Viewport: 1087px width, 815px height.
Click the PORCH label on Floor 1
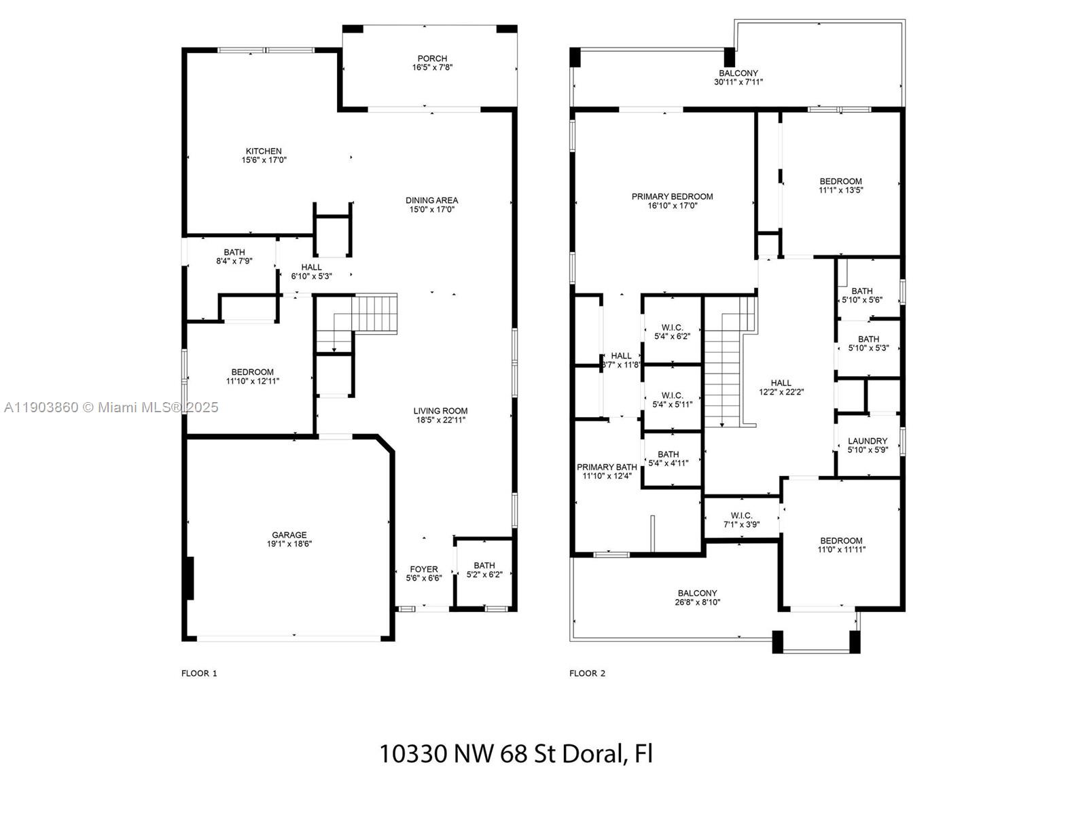click(432, 59)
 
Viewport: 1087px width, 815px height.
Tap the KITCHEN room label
click(264, 151)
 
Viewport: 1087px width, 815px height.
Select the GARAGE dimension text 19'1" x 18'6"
click(289, 543)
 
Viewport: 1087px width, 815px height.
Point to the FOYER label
click(424, 569)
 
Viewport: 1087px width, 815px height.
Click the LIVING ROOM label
click(440, 411)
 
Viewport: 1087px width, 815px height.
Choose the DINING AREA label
click(431, 200)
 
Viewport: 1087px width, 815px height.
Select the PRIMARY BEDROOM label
click(672, 197)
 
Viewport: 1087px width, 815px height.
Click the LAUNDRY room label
click(868, 441)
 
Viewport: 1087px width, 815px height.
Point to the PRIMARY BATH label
click(607, 467)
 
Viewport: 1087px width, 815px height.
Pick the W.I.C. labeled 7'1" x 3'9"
click(741, 520)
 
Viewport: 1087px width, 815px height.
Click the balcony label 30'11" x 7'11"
click(738, 77)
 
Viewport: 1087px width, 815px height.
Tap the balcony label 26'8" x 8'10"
click(697, 598)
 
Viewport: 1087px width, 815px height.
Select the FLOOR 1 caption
click(199, 673)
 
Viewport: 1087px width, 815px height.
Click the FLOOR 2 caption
click(587, 673)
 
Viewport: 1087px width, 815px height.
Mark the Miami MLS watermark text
click(111, 407)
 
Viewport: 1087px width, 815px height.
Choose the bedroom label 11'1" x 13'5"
click(840, 185)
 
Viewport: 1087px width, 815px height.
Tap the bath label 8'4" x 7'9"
click(234, 256)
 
